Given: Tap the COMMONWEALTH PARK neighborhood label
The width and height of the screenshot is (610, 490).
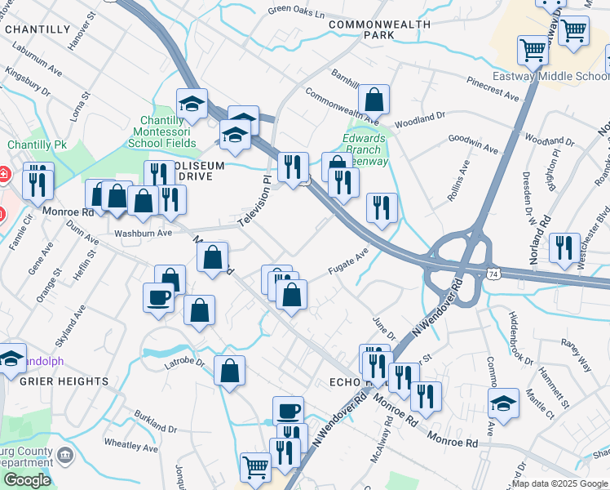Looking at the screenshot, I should pos(379,30).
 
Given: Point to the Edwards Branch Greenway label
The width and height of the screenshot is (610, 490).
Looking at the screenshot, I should pos(363,149).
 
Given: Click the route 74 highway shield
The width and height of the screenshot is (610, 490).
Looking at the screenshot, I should pos(493,274).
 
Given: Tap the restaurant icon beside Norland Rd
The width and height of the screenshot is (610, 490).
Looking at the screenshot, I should pos(564,248).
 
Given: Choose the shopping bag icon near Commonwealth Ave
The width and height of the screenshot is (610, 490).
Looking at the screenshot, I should pos(374,100).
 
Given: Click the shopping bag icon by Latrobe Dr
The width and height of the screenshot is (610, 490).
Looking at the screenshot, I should pos(231,370).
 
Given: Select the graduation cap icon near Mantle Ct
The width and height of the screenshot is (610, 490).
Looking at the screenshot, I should pos(504,403).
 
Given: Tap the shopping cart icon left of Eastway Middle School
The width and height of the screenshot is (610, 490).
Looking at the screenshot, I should pos(533,50).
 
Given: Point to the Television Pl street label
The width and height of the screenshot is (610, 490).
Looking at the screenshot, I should pos(253,201).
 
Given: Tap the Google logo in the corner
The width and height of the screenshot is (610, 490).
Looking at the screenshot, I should pos(26,480).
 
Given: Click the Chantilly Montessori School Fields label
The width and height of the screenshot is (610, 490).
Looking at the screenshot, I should pos(162,131).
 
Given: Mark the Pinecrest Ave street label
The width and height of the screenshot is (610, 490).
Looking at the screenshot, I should pos(493,90).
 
